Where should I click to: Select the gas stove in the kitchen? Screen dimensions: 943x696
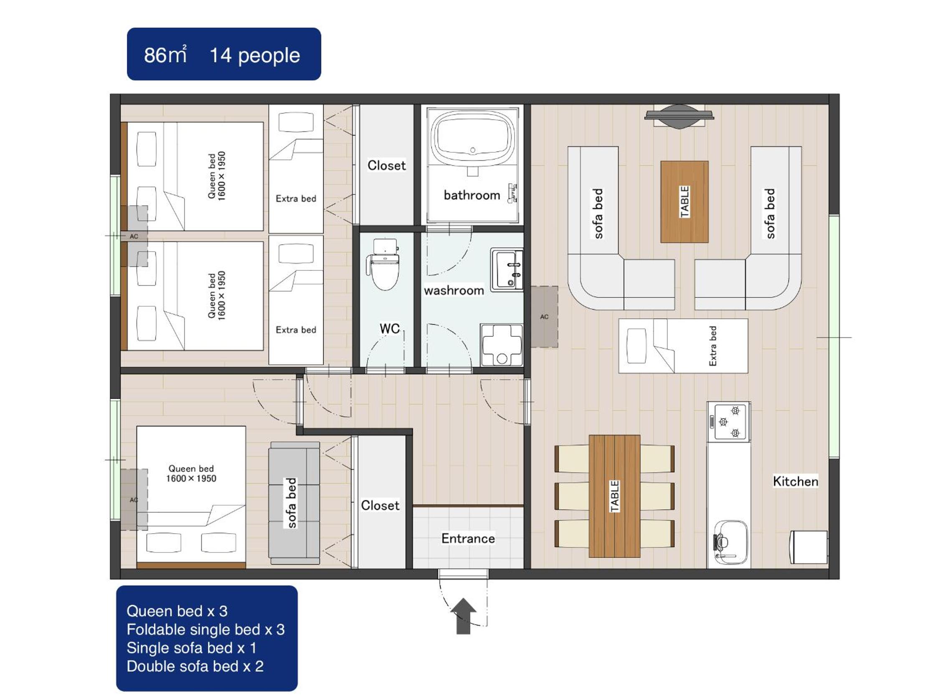(x=729, y=422)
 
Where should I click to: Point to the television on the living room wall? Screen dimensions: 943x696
(x=679, y=116)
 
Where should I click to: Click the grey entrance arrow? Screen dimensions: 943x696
(x=463, y=615)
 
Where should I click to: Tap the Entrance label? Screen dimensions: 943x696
(x=468, y=538)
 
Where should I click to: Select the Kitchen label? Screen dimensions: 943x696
(x=796, y=481)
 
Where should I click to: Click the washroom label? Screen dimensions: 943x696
(x=454, y=290)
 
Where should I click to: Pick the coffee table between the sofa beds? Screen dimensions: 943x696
(x=684, y=202)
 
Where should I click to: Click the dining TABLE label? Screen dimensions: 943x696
(x=615, y=496)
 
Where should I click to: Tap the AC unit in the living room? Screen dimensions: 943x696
(x=544, y=317)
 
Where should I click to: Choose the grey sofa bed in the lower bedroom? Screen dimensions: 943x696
(x=294, y=503)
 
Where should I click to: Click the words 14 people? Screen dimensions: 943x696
(x=255, y=55)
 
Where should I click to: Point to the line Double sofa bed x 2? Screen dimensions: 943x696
(x=195, y=666)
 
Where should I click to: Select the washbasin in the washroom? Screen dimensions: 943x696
(x=507, y=269)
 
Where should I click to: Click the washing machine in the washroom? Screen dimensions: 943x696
(x=502, y=345)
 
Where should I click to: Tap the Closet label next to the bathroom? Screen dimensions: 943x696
(x=387, y=165)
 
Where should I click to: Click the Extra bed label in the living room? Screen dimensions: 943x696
(x=712, y=346)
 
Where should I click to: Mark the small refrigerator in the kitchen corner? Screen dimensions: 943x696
(x=809, y=547)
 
